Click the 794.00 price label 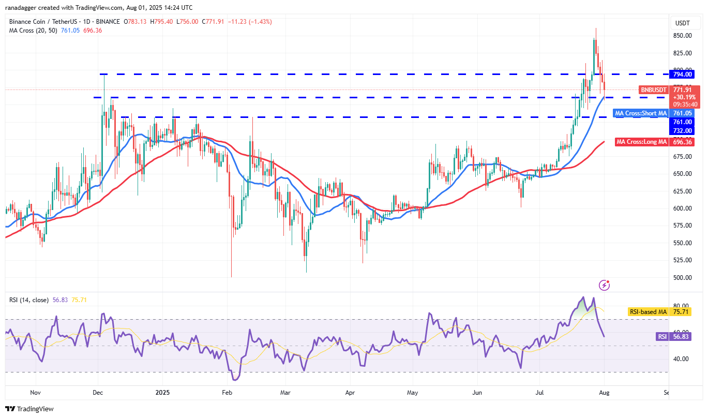click(x=683, y=74)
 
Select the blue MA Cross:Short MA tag click(x=640, y=113)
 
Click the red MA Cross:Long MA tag click(x=641, y=141)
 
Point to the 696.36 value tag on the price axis click(x=683, y=141)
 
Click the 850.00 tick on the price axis click(x=683, y=36)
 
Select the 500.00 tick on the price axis click(x=683, y=277)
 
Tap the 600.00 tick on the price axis click(x=683, y=208)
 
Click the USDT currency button click(x=683, y=23)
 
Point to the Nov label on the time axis click(x=35, y=393)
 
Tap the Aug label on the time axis click(x=604, y=393)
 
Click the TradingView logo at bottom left click(x=30, y=409)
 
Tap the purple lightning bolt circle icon click(x=604, y=285)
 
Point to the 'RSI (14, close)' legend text click(x=29, y=300)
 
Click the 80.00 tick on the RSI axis click(x=683, y=306)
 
